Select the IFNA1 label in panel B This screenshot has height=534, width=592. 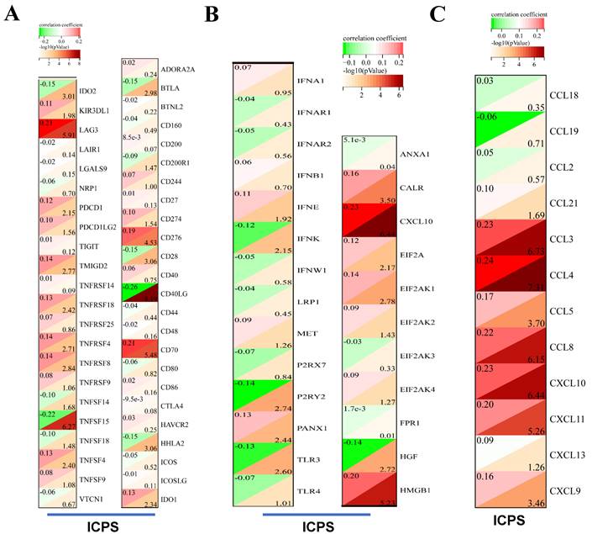[x=310, y=80]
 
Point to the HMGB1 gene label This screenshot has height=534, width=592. [x=416, y=488]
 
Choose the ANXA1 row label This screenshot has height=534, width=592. [x=416, y=155]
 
